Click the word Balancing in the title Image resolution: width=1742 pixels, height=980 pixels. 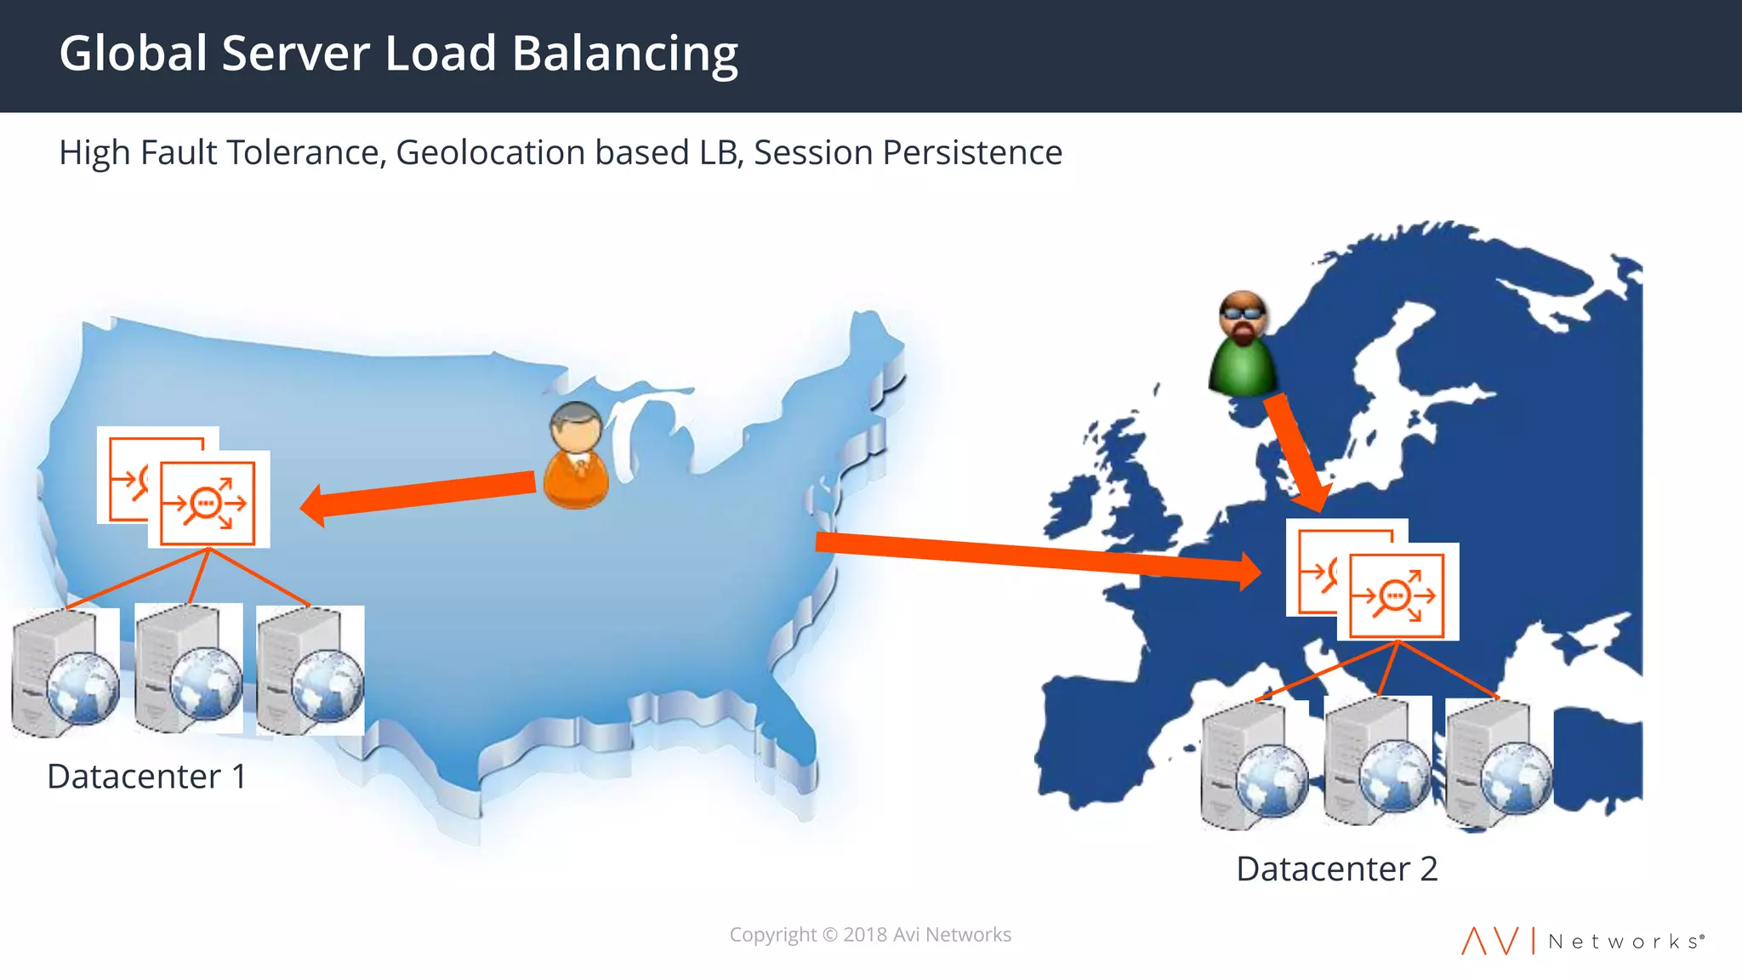[x=624, y=54]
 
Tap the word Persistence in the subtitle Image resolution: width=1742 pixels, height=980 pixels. [x=971, y=153]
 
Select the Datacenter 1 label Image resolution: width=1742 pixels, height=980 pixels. [x=146, y=777]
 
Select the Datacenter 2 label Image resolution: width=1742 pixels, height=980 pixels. [x=1336, y=869]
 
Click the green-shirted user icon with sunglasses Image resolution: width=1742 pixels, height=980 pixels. [x=1243, y=345]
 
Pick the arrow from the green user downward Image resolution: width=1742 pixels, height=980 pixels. [x=1295, y=451]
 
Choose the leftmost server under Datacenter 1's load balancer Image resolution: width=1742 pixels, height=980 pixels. [x=65, y=672]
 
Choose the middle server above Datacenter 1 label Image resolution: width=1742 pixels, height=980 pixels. [x=188, y=669]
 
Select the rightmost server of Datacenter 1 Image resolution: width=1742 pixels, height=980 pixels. [x=310, y=670]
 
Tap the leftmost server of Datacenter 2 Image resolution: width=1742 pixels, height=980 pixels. [x=1255, y=764]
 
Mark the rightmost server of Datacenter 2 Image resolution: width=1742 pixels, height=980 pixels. [x=1499, y=762]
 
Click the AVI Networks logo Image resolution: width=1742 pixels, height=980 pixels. [x=1582, y=941]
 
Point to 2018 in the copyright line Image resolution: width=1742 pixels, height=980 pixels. [x=865, y=935]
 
